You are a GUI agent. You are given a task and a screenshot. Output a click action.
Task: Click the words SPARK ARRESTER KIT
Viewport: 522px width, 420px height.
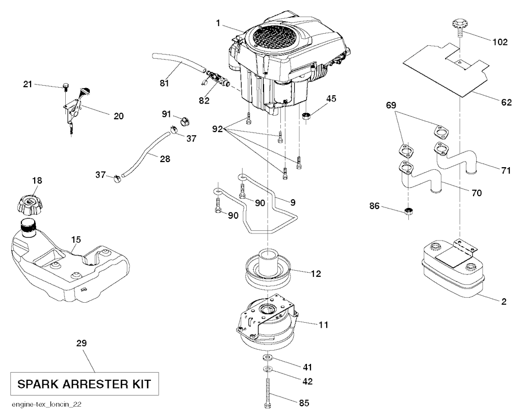[84, 384]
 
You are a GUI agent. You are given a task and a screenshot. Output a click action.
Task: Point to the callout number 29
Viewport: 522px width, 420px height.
[82, 344]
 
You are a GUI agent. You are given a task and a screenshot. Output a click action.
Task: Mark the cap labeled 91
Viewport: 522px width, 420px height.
[185, 121]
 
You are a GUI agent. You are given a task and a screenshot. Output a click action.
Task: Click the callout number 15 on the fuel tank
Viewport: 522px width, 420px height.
[75, 239]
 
